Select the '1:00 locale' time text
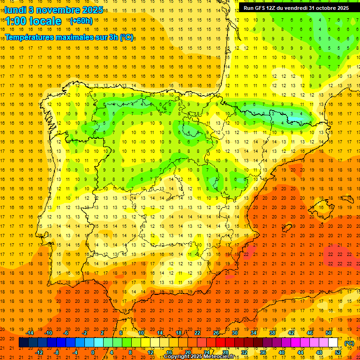click(x=33, y=21)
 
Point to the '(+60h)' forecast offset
click(x=81, y=21)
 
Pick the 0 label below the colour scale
click(x=93, y=352)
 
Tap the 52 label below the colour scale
click(x=338, y=352)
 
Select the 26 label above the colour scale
click(x=216, y=333)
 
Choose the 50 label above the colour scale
click(x=329, y=333)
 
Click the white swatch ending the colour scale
click(x=333, y=343)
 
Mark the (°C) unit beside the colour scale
click(x=349, y=343)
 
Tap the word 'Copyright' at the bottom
click(x=177, y=357)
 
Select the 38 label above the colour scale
click(x=272, y=333)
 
